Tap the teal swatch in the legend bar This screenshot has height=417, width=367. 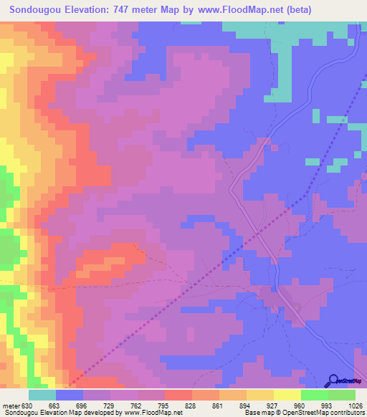[x=42, y=395]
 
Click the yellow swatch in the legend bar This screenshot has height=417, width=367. [x=260, y=395]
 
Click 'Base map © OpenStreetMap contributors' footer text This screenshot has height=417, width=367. [x=305, y=412]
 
